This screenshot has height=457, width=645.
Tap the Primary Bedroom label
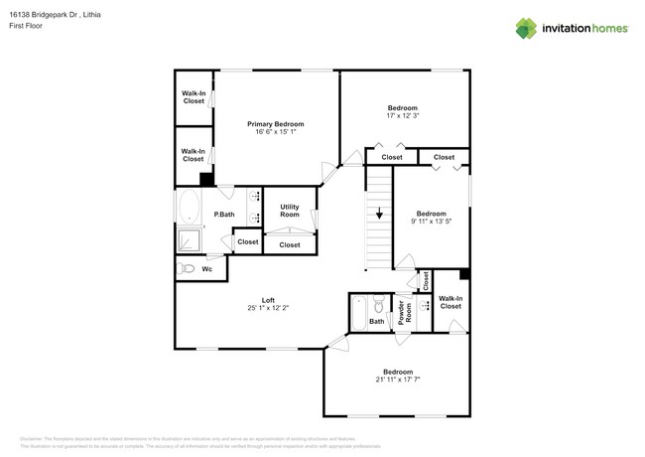(x=275, y=123)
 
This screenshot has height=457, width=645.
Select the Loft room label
(x=268, y=299)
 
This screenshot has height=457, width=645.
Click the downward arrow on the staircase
(x=377, y=214)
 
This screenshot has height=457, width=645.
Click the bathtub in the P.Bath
(x=189, y=209)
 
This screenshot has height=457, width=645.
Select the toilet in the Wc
(x=186, y=268)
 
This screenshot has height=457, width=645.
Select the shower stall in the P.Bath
(x=189, y=240)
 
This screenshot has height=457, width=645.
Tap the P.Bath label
(x=224, y=215)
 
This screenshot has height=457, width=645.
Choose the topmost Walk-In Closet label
(x=193, y=97)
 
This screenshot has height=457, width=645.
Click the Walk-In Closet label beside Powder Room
(x=451, y=302)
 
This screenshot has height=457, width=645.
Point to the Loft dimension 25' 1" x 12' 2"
(x=268, y=307)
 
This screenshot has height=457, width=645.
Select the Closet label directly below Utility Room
(x=290, y=244)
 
